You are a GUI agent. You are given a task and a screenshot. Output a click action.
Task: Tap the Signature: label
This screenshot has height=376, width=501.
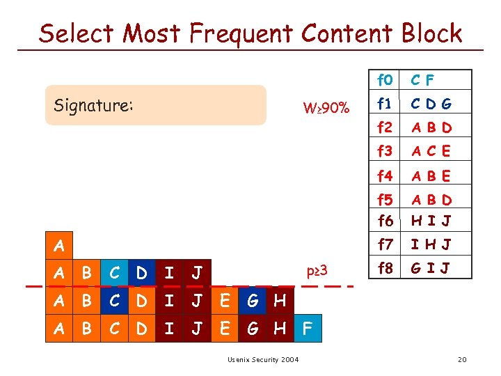coord(93,106)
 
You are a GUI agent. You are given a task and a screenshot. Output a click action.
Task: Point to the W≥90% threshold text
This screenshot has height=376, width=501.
coord(326,109)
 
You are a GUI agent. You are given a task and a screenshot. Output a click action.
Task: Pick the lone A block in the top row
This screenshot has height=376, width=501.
coord(59,246)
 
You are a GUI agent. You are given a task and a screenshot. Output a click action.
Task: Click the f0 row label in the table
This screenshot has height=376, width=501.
coord(385,80)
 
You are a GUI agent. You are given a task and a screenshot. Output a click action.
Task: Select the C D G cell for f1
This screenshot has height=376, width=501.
coord(431,104)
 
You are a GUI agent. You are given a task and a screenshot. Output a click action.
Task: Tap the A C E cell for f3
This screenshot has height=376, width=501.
coord(431,151)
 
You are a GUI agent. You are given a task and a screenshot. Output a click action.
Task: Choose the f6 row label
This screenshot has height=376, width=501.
coord(385,221)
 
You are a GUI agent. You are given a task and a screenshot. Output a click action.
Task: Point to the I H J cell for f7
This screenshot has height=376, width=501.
coord(431,244)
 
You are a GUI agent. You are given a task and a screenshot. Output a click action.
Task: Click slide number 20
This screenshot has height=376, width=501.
coord(461,359)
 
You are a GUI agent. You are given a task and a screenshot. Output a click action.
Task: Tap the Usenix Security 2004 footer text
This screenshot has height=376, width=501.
coord(263,359)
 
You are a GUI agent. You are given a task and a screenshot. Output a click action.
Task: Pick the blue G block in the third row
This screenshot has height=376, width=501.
coord(252,301)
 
